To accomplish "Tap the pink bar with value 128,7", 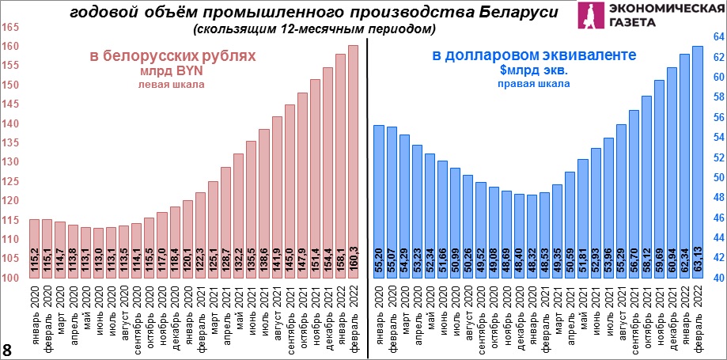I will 225,222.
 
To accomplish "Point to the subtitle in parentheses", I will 313,29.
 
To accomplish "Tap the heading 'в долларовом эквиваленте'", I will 534,55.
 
